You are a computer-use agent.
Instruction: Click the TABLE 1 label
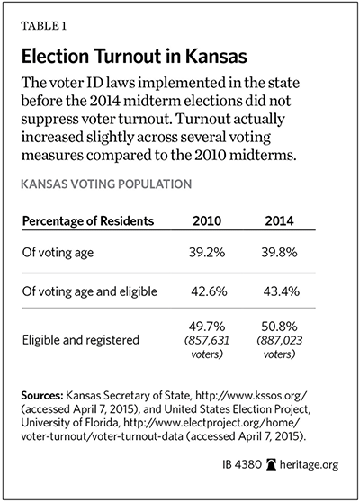click(x=43, y=26)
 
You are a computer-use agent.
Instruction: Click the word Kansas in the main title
click(x=216, y=57)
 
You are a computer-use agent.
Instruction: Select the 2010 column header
click(x=207, y=221)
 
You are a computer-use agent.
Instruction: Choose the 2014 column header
click(x=279, y=221)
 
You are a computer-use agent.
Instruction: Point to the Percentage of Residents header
click(x=88, y=221)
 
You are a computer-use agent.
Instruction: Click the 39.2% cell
click(x=207, y=253)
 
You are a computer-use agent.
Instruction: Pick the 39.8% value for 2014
click(x=279, y=253)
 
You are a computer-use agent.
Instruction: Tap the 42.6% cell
click(x=209, y=291)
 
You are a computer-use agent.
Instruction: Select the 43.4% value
click(x=282, y=291)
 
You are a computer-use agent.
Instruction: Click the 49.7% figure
click(x=207, y=327)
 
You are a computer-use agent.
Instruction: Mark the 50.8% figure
click(x=279, y=327)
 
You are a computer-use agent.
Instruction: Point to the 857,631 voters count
click(x=207, y=347)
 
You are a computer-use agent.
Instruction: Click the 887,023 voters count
click(x=279, y=347)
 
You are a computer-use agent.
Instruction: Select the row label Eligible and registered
click(x=81, y=340)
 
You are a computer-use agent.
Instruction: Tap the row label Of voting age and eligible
click(x=90, y=292)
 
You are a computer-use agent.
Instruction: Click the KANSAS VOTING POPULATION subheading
click(x=106, y=184)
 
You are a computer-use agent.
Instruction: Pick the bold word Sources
click(x=42, y=396)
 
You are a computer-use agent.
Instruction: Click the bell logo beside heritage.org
click(x=271, y=464)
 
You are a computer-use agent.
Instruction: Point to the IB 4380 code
click(x=242, y=464)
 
